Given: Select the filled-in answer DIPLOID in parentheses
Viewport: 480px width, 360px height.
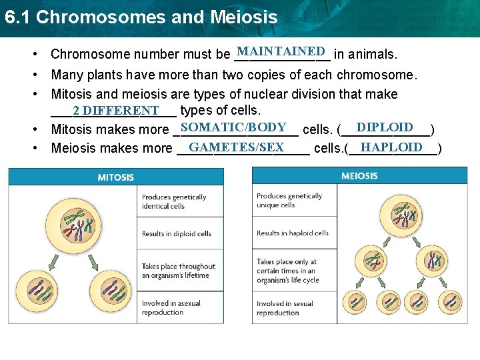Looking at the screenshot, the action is coord(385,127).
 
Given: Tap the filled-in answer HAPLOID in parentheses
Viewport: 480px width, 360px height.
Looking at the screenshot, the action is coord(391,147).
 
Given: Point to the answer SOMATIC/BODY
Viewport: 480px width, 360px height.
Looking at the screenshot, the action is coord(233,127).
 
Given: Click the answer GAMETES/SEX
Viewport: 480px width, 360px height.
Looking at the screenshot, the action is coord(237,147).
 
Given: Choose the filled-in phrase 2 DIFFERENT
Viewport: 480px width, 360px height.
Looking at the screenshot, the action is coord(116,110).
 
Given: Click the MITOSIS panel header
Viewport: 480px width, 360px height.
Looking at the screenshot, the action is coord(115,177).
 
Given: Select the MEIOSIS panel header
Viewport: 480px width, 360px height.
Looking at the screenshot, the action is coord(359,176).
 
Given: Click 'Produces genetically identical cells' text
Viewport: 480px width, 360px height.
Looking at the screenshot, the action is coord(174,201).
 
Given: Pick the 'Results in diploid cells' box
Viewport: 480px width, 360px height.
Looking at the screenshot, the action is coord(177,233).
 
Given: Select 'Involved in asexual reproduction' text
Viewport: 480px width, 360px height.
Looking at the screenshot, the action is coord(171,307).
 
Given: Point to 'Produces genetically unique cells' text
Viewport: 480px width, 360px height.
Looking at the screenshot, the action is coord(289,200).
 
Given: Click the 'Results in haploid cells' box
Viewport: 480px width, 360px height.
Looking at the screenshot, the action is coord(293,233).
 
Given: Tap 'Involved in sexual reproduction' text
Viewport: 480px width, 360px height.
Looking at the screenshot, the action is coord(285,308).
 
